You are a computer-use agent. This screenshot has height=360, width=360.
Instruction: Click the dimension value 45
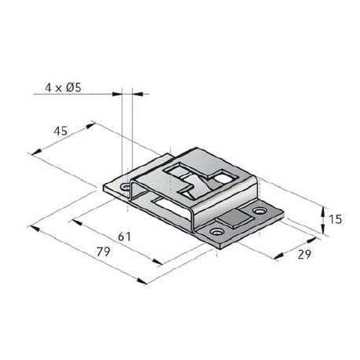point(61,130)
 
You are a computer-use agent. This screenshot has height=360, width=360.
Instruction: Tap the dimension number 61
point(124,237)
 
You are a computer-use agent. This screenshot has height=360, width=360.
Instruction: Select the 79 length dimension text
point(103,252)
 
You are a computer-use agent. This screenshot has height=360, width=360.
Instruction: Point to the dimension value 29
point(304,255)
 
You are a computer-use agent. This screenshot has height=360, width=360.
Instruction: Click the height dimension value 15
point(335,219)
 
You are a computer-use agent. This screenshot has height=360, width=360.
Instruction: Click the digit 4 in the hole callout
point(48,88)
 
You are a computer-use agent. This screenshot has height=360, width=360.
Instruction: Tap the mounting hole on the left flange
point(125,187)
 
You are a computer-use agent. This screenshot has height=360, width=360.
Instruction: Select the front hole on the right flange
point(217,232)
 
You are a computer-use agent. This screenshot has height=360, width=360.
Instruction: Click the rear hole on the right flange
point(259,211)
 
